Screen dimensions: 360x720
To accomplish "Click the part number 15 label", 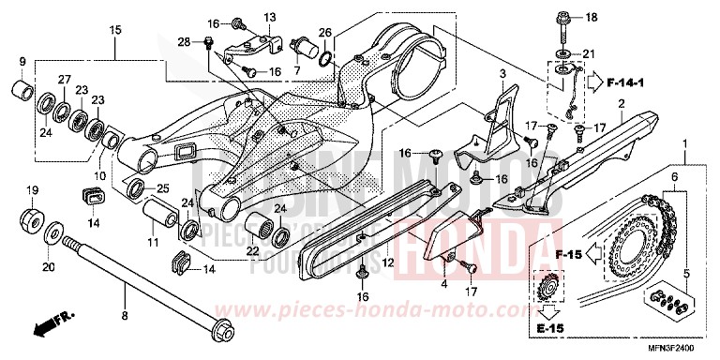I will pos(115,30).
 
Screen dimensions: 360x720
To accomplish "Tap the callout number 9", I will pos(22,62).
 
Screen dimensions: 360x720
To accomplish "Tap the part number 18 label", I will pos(592,18).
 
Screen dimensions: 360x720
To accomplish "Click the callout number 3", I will pos(502,73).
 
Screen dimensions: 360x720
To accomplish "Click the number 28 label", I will pos(184,41).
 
